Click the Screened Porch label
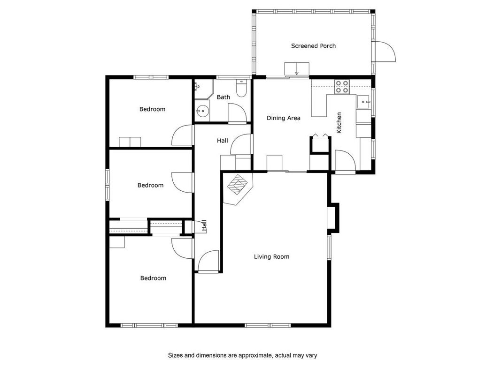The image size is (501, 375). tap(313, 46)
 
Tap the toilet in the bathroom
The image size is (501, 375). tap(241, 88)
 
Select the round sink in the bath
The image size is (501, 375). tap(202, 111)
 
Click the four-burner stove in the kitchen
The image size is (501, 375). tap(342, 87)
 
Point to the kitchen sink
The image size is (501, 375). tap(363, 102)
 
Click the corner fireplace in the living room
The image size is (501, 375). tap(238, 189)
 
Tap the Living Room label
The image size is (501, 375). tap(271, 257)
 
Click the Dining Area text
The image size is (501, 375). tap(284, 118)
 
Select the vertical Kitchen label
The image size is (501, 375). tap(339, 123)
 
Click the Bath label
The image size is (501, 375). tap(224, 97)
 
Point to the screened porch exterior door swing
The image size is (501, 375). tap(385, 52)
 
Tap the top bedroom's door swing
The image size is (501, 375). tap(183, 135)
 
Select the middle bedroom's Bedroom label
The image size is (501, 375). tap(151, 185)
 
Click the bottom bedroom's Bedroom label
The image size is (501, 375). tap(154, 278)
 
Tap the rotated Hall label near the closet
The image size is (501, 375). tap(204, 225)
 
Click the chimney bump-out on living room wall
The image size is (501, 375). tap(334, 217)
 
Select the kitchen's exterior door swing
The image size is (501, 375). tap(345, 161)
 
